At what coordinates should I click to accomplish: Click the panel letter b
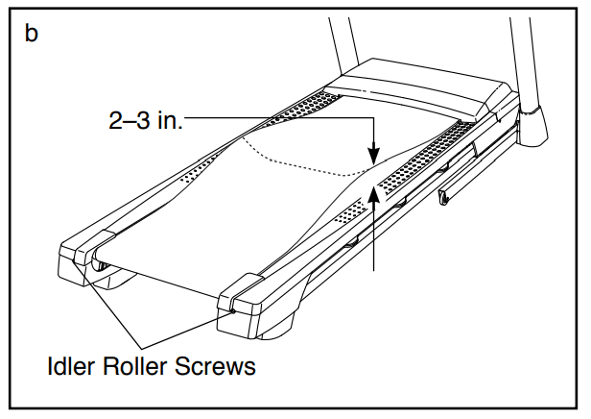point(32,35)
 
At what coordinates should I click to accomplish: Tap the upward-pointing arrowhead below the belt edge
point(372,192)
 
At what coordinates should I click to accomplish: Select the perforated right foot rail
point(422,160)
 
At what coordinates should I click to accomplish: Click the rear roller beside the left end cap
point(100,260)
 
